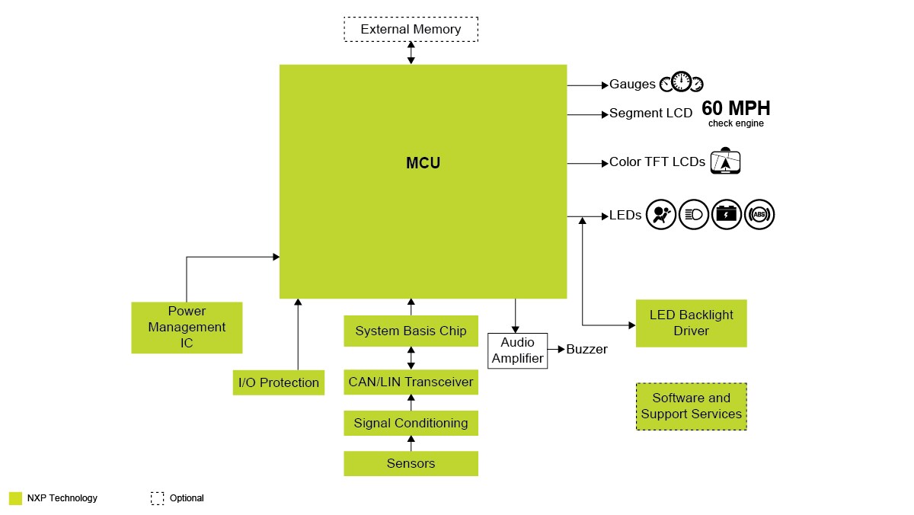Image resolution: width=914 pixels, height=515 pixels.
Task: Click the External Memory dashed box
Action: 411,29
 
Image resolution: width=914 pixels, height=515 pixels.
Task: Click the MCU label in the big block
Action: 423,163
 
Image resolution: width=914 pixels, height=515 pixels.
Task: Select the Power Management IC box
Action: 187,328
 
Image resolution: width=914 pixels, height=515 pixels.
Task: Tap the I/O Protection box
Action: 279,382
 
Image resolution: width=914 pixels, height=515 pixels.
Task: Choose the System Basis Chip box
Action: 411,331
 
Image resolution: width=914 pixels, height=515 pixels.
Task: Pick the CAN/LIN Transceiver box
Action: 411,382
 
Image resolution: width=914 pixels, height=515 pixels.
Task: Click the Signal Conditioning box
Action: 411,423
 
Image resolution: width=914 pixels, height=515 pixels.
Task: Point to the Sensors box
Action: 411,463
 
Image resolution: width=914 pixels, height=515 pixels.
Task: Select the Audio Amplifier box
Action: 517,350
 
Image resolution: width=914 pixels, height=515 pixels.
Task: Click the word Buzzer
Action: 586,349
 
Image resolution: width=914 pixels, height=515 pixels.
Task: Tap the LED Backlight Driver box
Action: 691,323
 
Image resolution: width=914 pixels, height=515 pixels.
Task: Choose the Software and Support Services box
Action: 691,406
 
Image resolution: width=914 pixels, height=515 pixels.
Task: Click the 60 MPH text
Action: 736,107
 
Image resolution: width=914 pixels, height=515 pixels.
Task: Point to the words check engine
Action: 736,123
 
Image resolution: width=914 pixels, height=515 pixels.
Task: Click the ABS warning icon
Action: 759,215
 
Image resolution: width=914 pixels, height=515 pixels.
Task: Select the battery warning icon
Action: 727,215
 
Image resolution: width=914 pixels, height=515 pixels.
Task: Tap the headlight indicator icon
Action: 694,215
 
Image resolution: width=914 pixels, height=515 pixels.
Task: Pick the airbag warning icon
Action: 661,215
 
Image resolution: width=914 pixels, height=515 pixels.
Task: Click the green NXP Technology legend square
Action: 15,498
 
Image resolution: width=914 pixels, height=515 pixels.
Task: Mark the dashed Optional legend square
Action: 157,498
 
